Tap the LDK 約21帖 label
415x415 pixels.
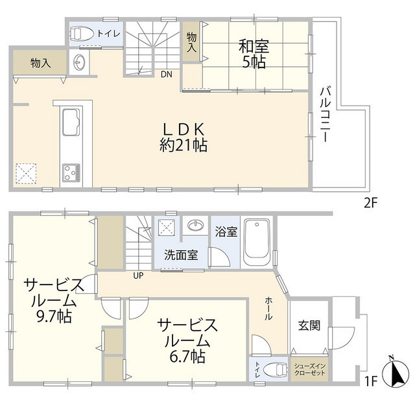click(184, 136)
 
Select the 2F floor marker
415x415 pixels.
click(370, 202)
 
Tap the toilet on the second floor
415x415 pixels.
click(82, 33)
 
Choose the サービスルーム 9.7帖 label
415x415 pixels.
click(54, 301)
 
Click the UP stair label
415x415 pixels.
click(138, 275)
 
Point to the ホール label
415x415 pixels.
click(268, 310)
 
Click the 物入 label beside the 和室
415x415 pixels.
click(191, 43)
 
